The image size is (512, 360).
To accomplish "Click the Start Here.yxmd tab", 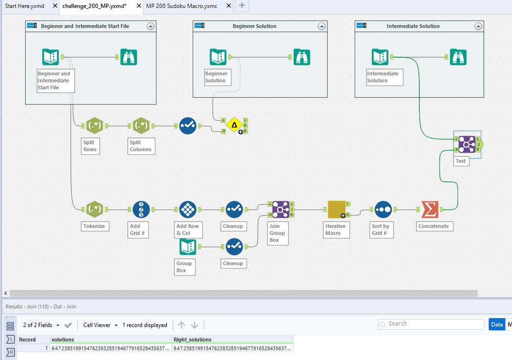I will (x=24, y=6).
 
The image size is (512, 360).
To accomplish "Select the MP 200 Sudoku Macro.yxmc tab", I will (x=182, y=6).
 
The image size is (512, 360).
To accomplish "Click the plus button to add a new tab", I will (x=242, y=6).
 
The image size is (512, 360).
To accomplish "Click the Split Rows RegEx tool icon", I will (x=94, y=125).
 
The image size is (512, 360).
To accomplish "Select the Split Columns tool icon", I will (x=141, y=125).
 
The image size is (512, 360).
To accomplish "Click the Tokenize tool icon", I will (x=94, y=209).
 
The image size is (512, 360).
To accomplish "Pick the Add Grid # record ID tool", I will (x=141, y=209).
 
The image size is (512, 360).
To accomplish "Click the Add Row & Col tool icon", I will (x=188, y=209).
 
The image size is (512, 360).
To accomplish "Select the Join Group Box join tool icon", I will (x=280, y=209).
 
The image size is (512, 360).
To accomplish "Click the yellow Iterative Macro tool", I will (x=336, y=209).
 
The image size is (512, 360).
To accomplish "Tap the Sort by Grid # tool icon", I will (x=383, y=209).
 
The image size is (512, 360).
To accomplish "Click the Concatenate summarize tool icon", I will (x=429, y=209).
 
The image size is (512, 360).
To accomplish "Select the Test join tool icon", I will (x=466, y=144).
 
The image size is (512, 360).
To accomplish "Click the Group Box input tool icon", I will (x=188, y=247).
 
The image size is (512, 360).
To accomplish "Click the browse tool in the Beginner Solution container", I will (x=301, y=57).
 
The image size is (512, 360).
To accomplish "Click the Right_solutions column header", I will (x=193, y=340).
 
